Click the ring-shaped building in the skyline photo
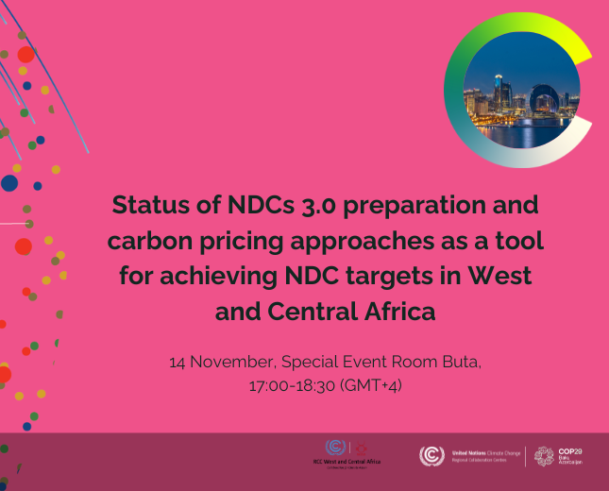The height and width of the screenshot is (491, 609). click(541, 101)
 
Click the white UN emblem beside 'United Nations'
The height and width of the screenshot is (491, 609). click(430, 455)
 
